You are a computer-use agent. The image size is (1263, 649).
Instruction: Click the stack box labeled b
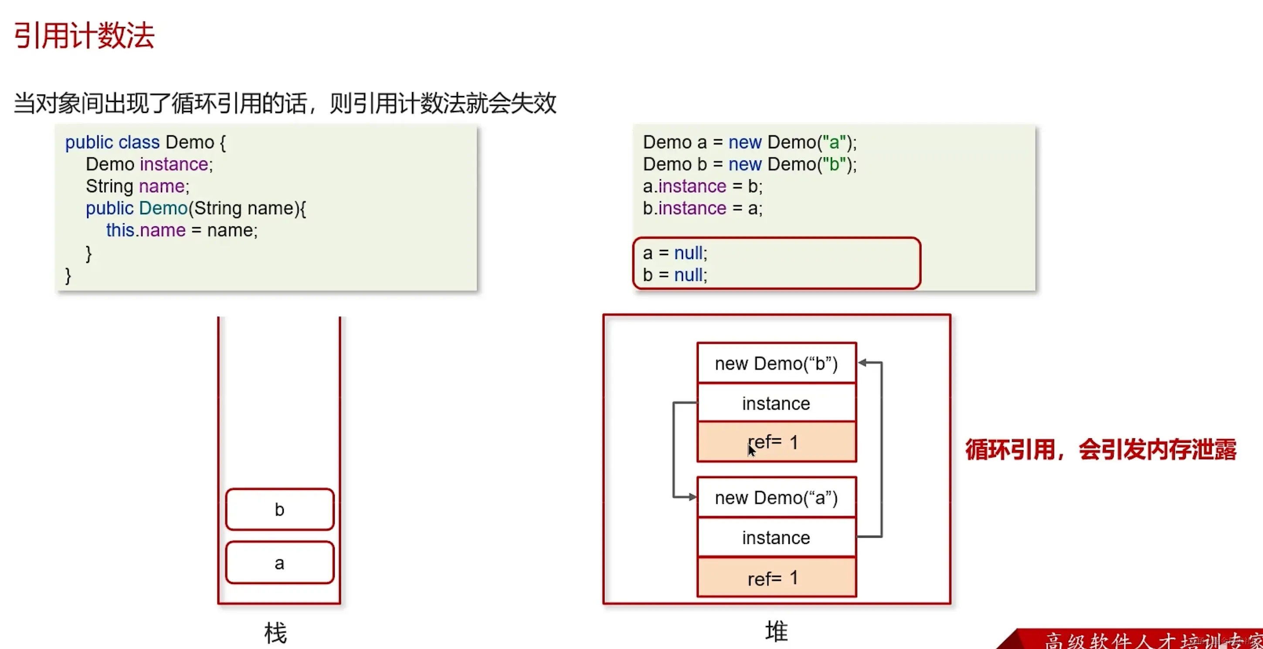point(279,509)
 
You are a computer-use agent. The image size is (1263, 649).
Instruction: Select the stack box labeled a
point(279,563)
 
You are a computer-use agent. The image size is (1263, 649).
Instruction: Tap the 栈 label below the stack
point(275,633)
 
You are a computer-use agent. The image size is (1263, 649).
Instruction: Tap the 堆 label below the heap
point(776,632)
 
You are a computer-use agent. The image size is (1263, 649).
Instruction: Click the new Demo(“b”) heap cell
point(776,363)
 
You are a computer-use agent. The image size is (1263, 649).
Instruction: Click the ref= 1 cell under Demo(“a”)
point(776,578)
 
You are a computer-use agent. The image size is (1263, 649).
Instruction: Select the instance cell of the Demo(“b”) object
point(776,403)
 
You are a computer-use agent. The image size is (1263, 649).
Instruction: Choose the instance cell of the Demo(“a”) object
point(776,538)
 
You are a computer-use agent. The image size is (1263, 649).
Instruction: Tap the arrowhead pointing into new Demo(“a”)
point(692,497)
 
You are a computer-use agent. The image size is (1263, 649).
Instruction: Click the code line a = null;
point(675,253)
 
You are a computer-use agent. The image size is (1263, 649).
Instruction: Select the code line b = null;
point(675,275)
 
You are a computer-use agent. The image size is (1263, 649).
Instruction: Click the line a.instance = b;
point(702,186)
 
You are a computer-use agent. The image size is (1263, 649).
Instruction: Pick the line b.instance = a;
point(702,208)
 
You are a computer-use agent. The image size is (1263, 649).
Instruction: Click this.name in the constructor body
point(146,230)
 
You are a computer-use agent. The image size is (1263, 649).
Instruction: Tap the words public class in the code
point(112,142)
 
